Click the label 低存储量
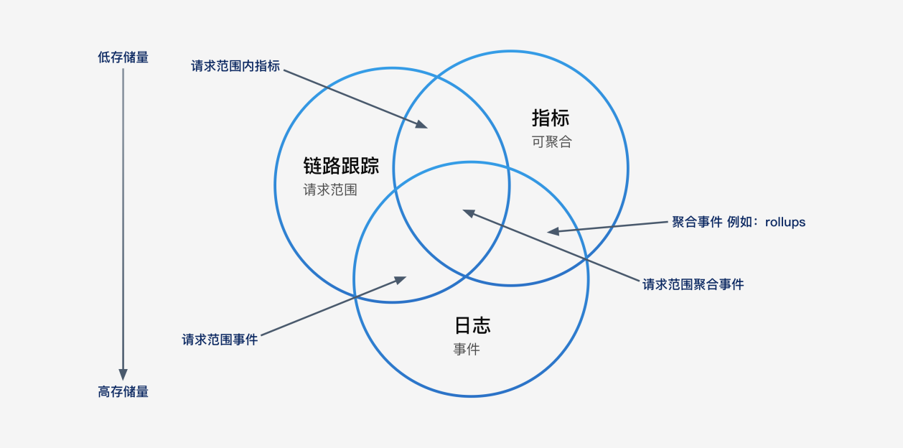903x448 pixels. point(123,57)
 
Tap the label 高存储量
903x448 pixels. point(123,391)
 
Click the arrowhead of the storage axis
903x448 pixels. point(123,374)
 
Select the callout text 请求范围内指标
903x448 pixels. point(235,66)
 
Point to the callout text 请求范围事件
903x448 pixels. point(220,340)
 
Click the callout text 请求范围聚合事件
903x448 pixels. point(693,284)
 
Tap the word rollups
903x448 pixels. point(785,222)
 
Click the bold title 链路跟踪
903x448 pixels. point(341,166)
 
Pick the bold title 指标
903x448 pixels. point(551,118)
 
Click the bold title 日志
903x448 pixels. point(472,325)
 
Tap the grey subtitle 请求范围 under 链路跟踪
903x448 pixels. point(330,190)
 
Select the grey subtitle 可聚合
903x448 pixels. point(551,141)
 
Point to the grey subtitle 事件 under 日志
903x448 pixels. point(467,349)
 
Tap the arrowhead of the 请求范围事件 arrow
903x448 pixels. point(401,279)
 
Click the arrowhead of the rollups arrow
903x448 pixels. point(553,231)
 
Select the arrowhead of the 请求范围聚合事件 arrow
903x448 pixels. point(469,213)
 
